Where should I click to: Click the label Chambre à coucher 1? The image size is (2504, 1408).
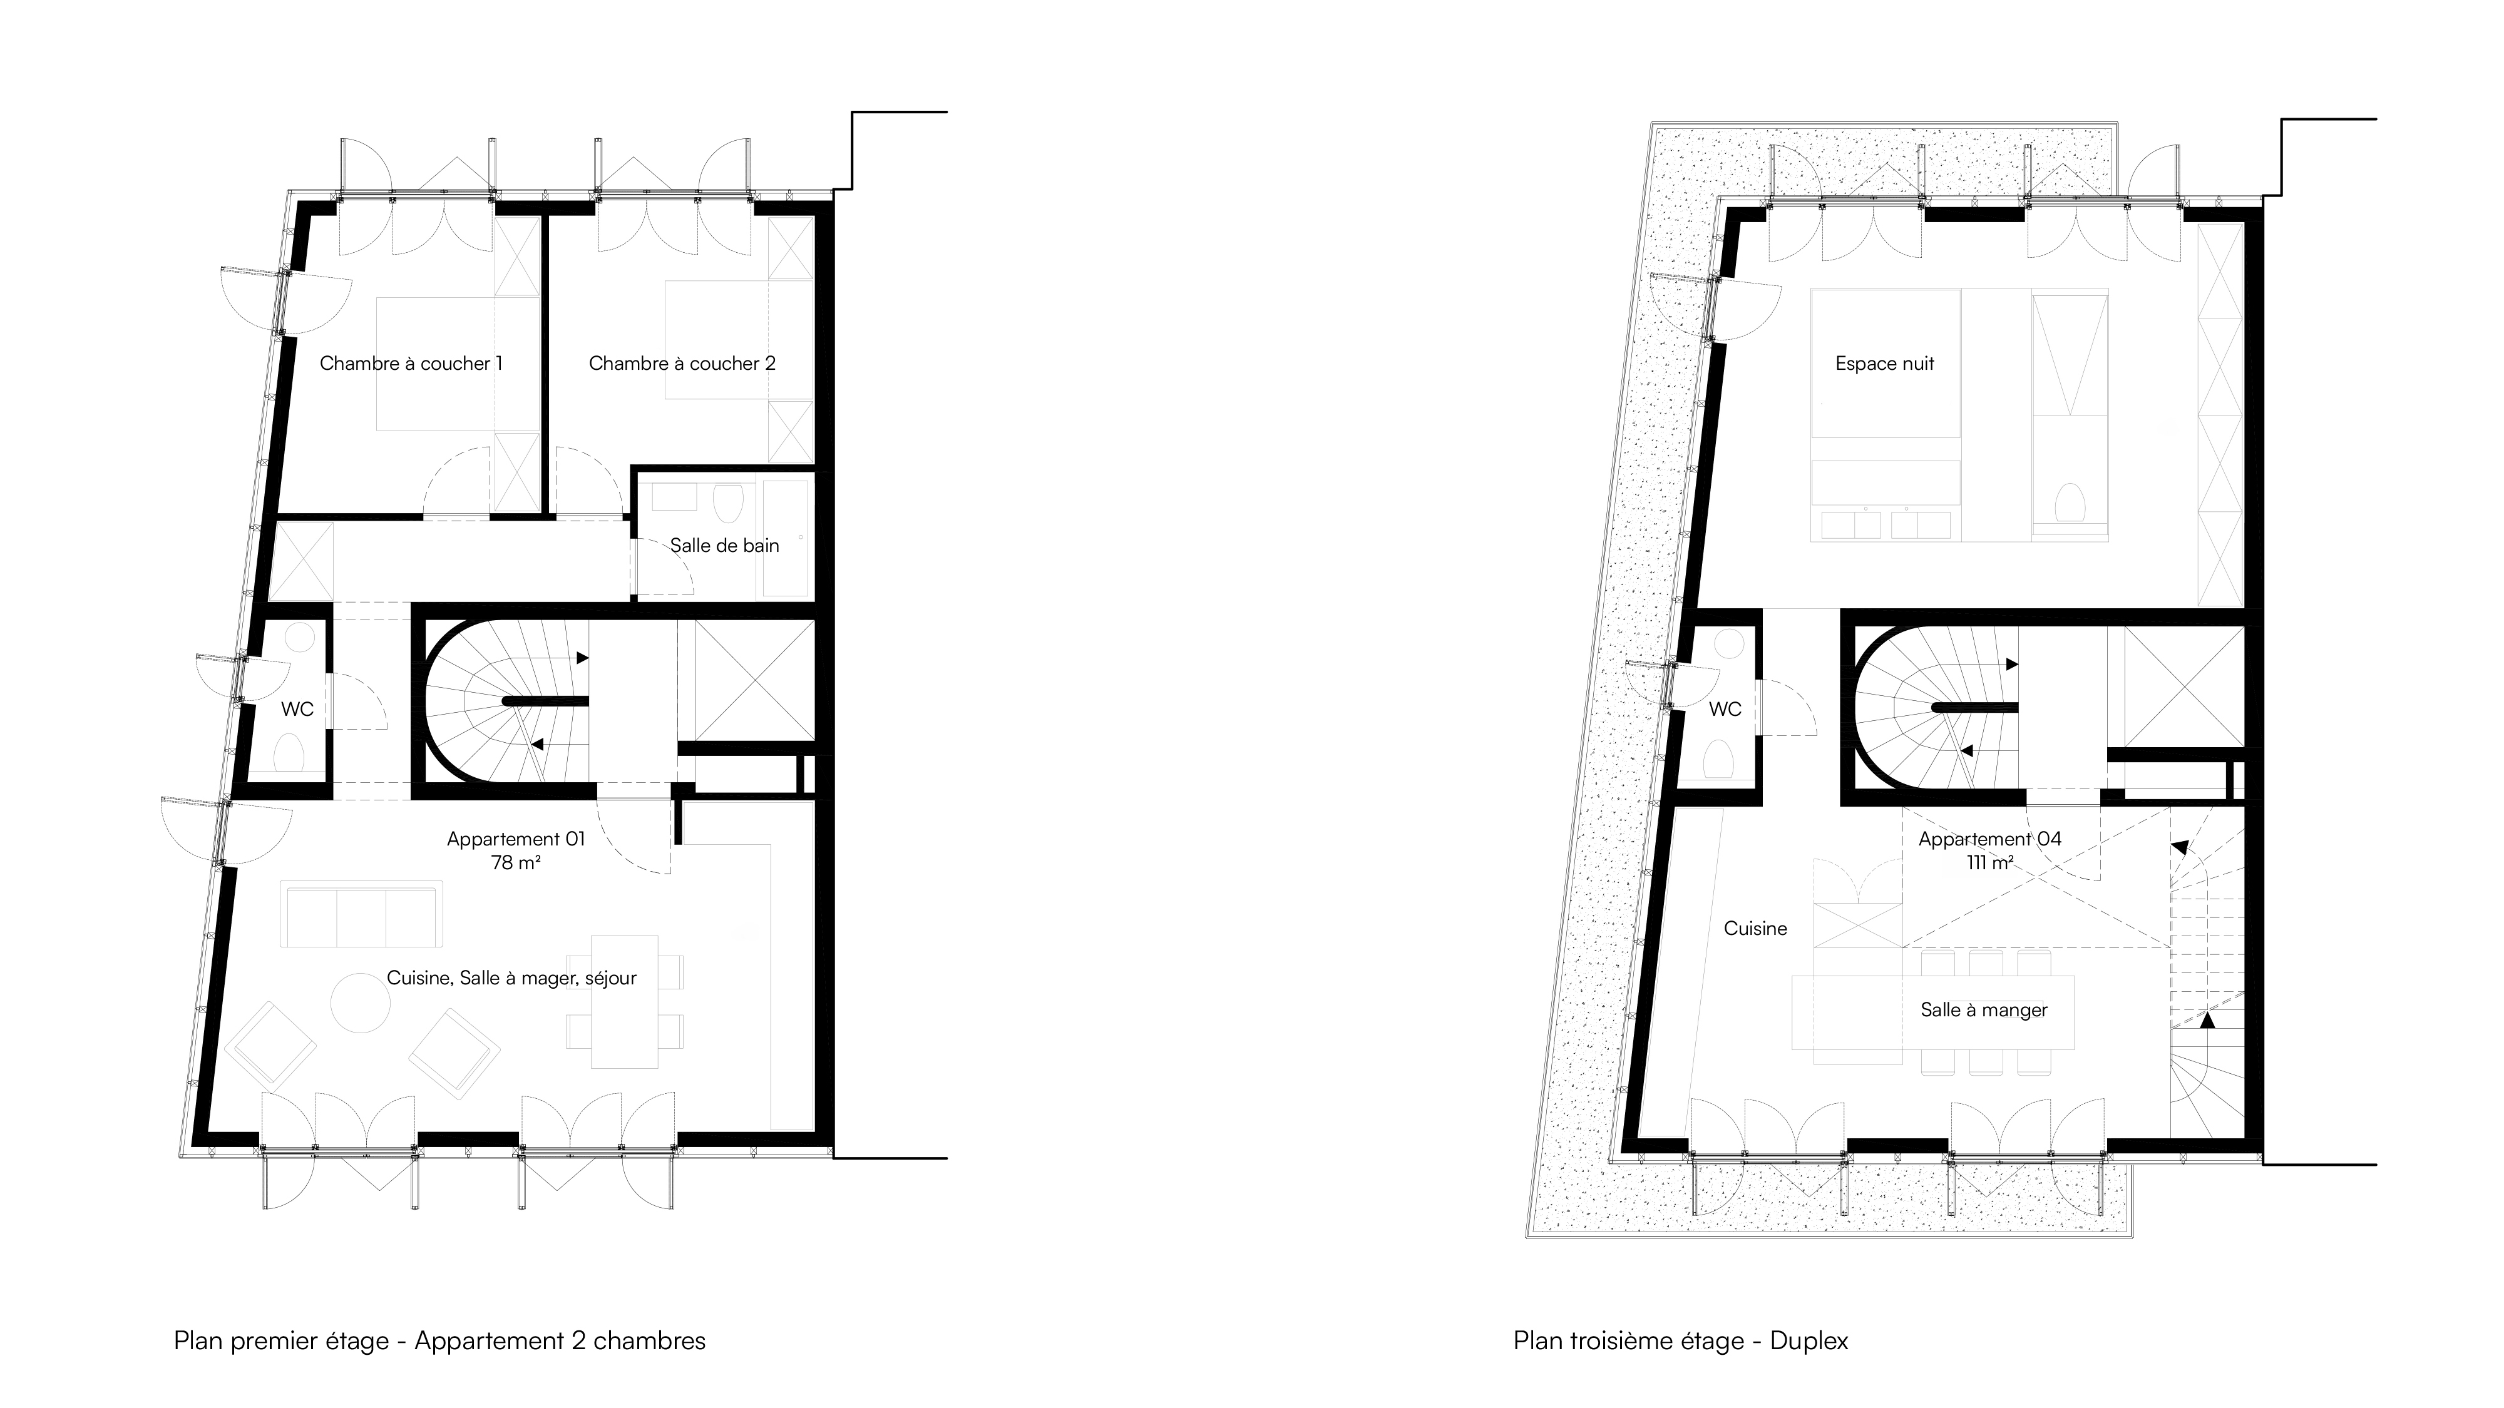point(411,364)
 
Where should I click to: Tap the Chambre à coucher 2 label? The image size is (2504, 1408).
point(682,364)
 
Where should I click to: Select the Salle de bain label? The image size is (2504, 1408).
point(725,545)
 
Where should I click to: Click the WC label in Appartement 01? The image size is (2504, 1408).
point(297,710)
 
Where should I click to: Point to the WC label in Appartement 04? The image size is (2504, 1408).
point(1725,710)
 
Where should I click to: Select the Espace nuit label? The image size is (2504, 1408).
point(1885,364)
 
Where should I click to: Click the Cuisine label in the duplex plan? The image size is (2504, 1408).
point(1755,929)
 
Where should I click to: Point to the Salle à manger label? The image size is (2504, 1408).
point(1984,1009)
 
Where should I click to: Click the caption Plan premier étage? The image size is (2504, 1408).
point(281,1341)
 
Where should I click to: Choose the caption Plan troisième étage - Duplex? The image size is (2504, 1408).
point(1681,1341)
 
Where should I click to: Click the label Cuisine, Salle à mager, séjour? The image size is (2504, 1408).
point(511,977)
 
